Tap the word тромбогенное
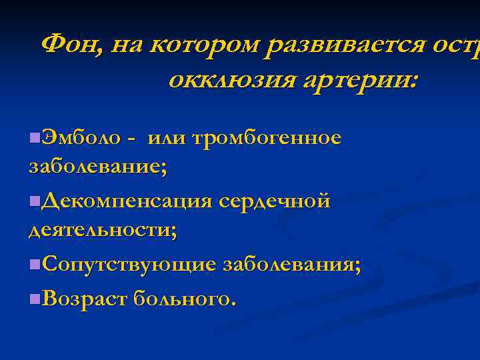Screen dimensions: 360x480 click(x=267, y=138)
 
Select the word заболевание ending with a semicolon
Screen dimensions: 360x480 click(x=98, y=167)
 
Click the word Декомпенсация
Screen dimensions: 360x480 click(x=126, y=201)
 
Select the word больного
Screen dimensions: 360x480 click(x=184, y=297)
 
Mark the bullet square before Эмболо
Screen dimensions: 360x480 click(x=34, y=138)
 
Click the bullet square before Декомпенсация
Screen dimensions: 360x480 click(x=34, y=201)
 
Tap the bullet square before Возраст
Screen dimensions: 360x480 click(x=34, y=297)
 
